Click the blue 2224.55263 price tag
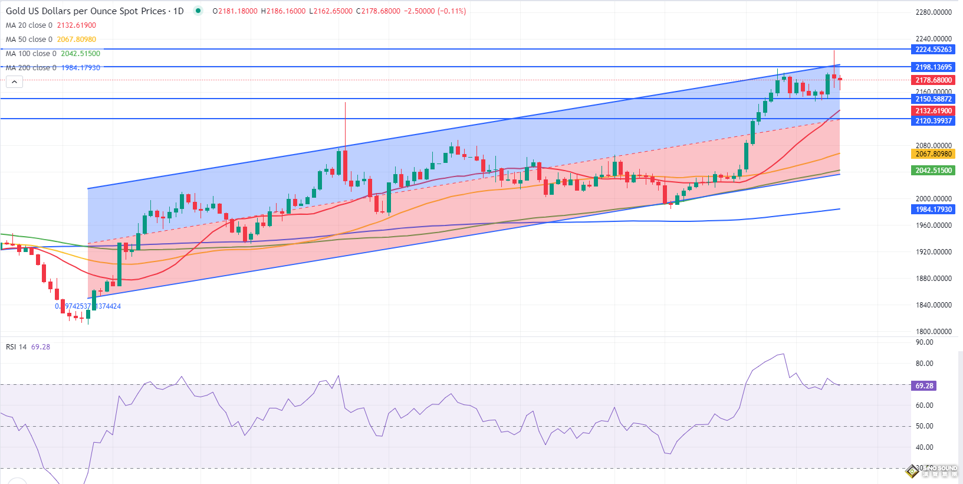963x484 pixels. click(934, 50)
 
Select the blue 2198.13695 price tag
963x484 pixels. click(934, 67)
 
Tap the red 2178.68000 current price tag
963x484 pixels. click(934, 80)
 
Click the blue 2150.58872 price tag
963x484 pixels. click(934, 99)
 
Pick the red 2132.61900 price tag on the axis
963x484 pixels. click(934, 111)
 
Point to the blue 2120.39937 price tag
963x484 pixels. click(934, 121)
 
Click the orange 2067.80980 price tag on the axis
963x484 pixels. click(934, 154)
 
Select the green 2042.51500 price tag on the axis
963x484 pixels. click(934, 171)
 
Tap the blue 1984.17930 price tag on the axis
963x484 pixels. click(934, 210)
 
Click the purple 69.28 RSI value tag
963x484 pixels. click(924, 386)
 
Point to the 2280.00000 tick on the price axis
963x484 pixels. click(934, 12)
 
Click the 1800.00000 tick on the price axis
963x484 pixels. click(934, 332)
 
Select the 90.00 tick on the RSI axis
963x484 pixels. click(924, 342)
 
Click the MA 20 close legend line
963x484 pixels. click(51, 25)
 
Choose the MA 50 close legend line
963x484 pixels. click(51, 40)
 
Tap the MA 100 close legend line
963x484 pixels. click(53, 54)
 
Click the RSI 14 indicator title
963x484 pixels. click(28, 347)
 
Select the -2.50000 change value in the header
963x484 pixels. click(419, 11)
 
